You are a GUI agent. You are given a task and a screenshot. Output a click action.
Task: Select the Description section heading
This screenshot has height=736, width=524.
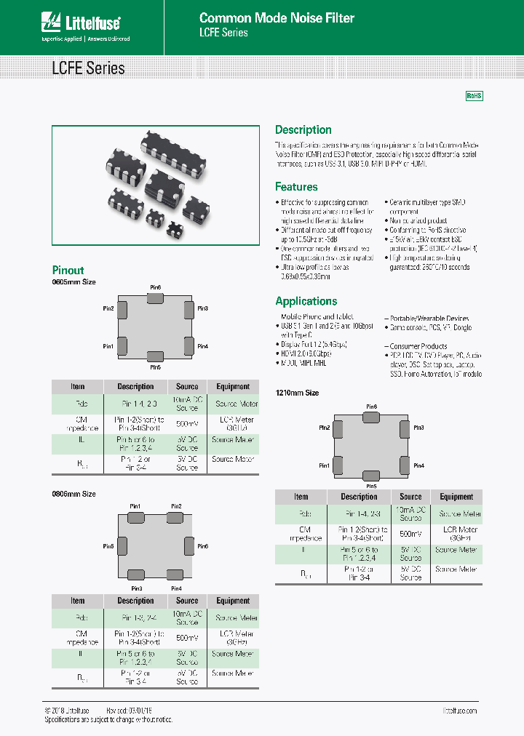303,129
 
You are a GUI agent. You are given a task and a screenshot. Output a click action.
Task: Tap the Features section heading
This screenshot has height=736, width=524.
296,187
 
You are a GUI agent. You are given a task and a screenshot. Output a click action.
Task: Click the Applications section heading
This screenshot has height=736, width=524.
306,301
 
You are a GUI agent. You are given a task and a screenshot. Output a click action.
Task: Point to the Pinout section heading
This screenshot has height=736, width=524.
68,270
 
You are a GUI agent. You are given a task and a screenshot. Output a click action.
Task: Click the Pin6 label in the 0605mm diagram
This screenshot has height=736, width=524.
156,288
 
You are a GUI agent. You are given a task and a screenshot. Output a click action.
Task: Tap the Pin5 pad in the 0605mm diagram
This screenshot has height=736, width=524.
155,356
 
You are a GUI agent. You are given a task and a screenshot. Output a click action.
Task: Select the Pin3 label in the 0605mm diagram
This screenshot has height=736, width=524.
203,308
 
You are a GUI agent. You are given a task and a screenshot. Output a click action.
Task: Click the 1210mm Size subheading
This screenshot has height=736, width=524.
297,393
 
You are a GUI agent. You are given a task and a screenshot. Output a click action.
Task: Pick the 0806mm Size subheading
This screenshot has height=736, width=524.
74,494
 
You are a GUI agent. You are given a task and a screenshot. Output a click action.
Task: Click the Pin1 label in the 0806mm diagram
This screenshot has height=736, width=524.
135,506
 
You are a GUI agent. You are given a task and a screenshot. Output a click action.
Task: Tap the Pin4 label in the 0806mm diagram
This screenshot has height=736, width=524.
176,588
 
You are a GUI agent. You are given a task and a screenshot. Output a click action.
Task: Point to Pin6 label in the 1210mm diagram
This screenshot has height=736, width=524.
371,407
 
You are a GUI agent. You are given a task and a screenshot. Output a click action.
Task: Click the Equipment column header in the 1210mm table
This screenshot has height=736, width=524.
456,497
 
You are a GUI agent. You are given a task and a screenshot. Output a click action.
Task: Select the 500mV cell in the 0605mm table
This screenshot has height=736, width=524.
187,423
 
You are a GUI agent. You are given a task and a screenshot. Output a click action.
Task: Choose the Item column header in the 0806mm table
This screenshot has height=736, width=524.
78,601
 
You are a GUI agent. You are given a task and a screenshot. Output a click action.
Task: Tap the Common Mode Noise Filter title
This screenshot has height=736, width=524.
277,17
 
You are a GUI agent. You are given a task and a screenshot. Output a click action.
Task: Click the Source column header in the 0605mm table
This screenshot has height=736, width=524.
187,386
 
